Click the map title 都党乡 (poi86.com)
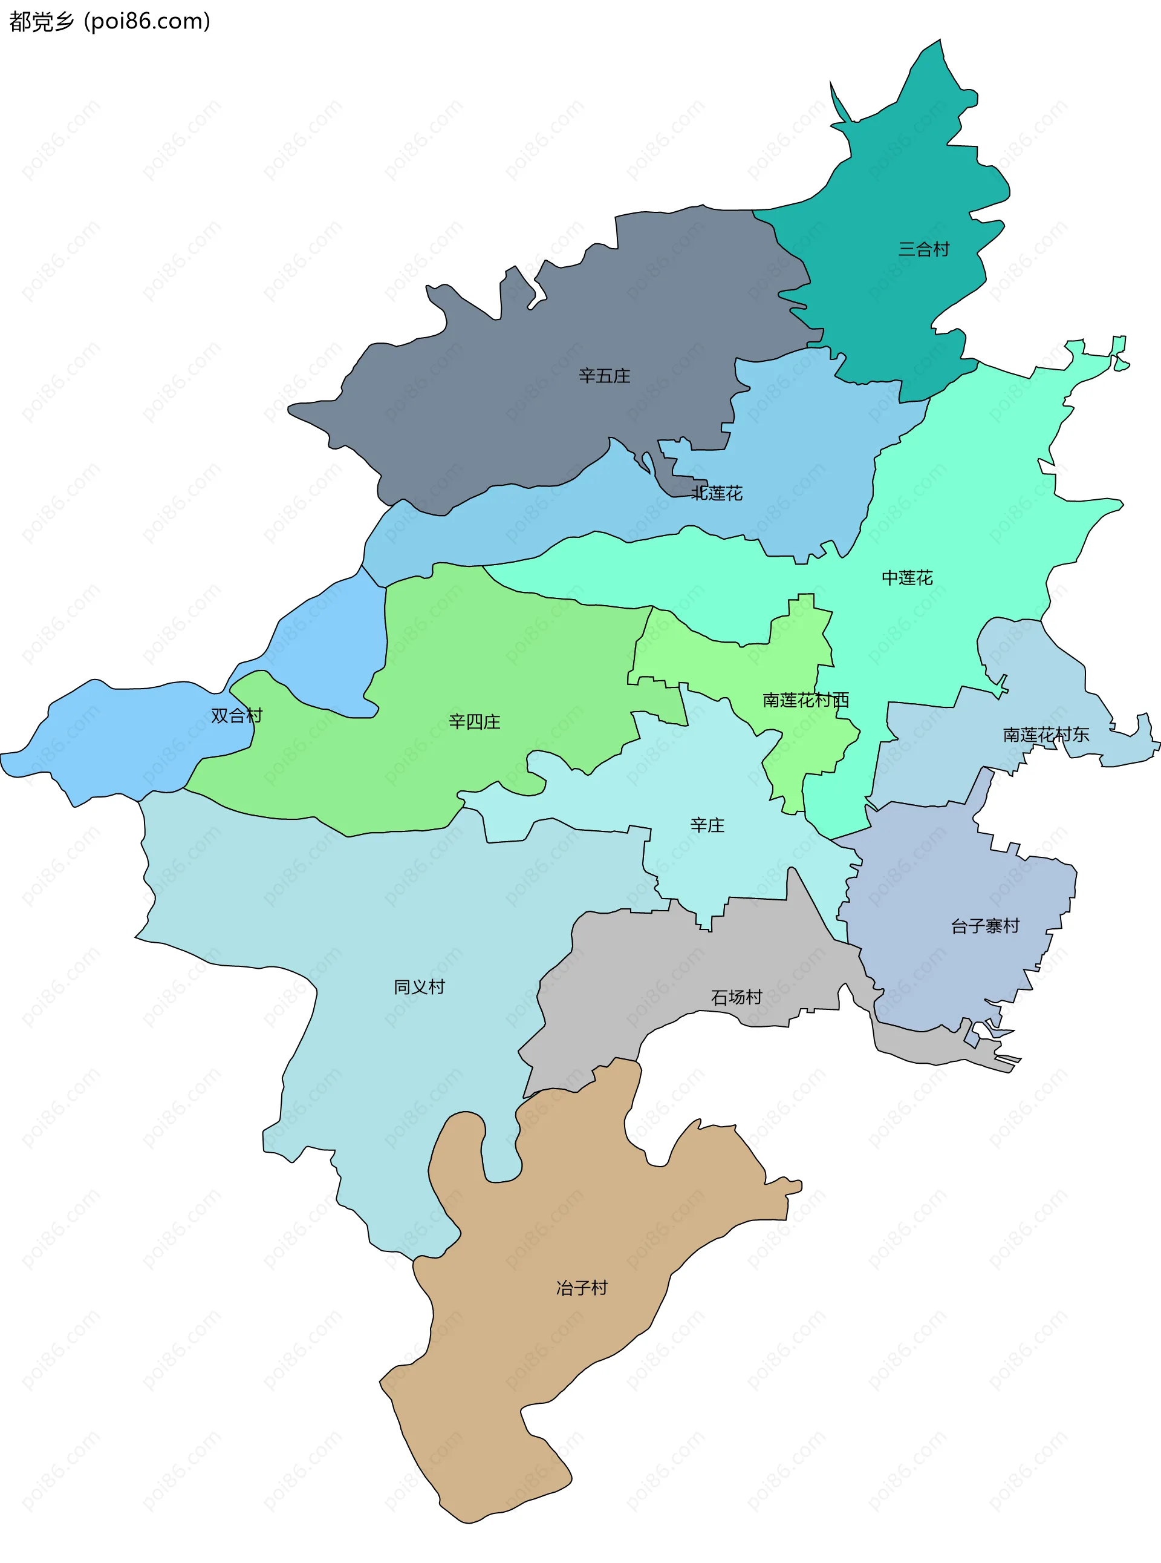(109, 22)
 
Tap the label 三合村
(923, 249)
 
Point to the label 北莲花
(717, 493)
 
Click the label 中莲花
(906, 577)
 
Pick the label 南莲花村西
(805, 700)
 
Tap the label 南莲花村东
(1046, 734)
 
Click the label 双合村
(237, 715)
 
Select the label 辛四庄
(475, 721)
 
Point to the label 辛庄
(707, 825)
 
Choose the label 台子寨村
(984, 925)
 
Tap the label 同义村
(420, 986)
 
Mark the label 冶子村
(582, 1288)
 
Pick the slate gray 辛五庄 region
(492, 408)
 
